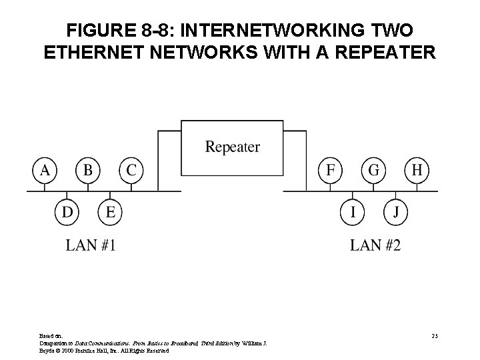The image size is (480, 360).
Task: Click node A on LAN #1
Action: coord(45,170)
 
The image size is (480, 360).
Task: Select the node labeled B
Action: coord(87,170)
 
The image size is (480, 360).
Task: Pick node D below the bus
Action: coord(67,213)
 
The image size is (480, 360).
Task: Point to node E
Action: coord(110,213)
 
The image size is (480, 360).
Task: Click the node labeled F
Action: coord(330,170)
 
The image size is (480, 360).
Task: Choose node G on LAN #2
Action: coord(373,170)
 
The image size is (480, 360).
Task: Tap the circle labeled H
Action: coord(417,170)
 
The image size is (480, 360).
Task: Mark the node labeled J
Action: coord(395,213)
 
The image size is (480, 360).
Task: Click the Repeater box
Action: coord(232,147)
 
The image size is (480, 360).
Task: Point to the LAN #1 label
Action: coord(91,245)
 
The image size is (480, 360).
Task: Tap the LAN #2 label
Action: coord(375,245)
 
